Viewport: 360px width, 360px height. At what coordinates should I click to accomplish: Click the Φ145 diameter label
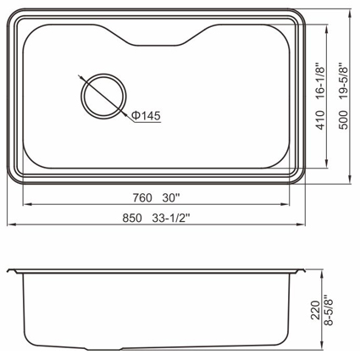coord(147,115)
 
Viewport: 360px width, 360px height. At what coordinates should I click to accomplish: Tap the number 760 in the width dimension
coord(142,198)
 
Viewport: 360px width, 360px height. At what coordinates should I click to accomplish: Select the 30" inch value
coord(171,197)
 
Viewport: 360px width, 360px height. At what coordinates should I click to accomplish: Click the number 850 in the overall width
coord(132,218)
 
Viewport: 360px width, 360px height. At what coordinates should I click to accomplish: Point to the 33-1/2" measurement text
coord(171,218)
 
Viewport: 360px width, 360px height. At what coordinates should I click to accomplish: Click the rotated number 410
coord(320,120)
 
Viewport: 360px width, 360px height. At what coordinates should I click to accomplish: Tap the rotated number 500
coord(344,120)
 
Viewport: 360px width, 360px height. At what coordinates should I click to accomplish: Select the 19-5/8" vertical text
coord(344,81)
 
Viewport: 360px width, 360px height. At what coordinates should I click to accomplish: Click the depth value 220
coord(315,310)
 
